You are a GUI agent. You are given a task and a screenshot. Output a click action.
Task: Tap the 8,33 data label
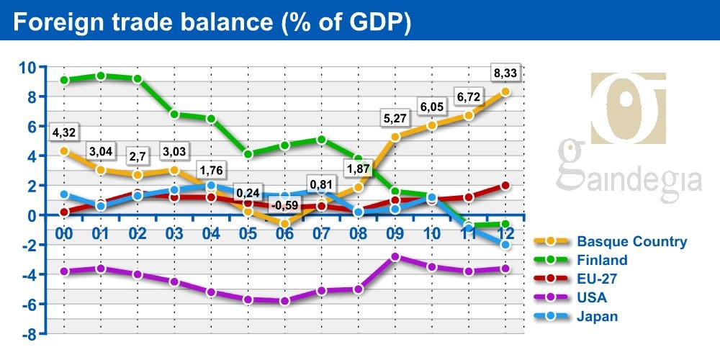tap(505, 73)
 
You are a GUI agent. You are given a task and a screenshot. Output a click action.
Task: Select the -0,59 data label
tap(285, 204)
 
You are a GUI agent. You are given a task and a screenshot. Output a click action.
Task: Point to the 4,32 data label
tap(64, 132)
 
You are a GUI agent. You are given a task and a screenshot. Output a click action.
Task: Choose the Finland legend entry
tap(602, 260)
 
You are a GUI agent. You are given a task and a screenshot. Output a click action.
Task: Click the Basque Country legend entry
tap(632, 241)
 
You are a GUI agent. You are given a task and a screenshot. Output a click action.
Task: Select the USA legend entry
tap(591, 297)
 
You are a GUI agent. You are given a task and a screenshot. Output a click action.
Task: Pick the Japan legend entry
tap(597, 316)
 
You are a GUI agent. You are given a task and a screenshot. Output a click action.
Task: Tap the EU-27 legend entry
tap(597, 279)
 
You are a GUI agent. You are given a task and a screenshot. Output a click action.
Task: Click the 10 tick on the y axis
tap(27, 68)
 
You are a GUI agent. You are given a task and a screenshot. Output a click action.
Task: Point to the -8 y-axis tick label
tap(27, 334)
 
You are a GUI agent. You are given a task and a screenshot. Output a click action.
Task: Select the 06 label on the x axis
tap(285, 235)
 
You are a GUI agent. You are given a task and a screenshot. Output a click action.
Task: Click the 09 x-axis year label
tap(395, 235)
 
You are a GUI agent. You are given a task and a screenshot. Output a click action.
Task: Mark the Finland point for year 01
tap(101, 76)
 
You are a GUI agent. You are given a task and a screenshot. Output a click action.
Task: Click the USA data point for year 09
tap(395, 257)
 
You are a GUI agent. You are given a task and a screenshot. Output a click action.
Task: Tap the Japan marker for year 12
tap(506, 245)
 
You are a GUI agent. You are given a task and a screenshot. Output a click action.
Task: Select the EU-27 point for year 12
tap(506, 186)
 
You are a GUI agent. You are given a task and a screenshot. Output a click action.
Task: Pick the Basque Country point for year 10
tap(432, 125)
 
